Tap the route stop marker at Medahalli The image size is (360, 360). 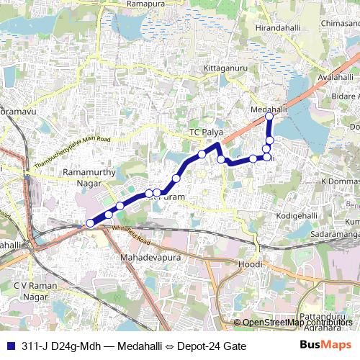point(269,116)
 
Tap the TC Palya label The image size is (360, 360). point(203,132)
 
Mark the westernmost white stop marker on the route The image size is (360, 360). point(90,223)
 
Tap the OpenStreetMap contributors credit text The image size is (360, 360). point(298,322)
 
